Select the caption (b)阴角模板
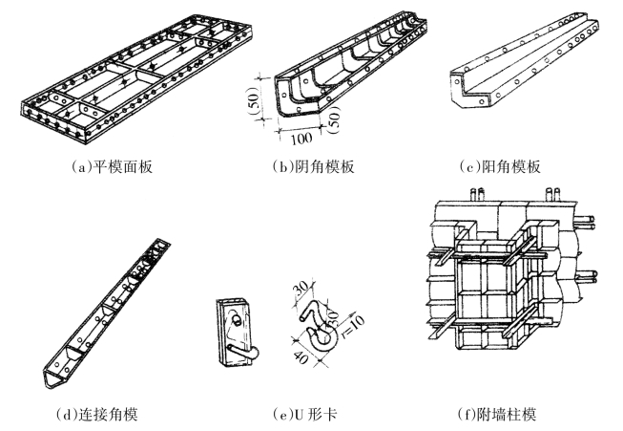pos(313,167)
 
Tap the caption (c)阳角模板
pos(499,167)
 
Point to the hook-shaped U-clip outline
pos(320,325)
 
